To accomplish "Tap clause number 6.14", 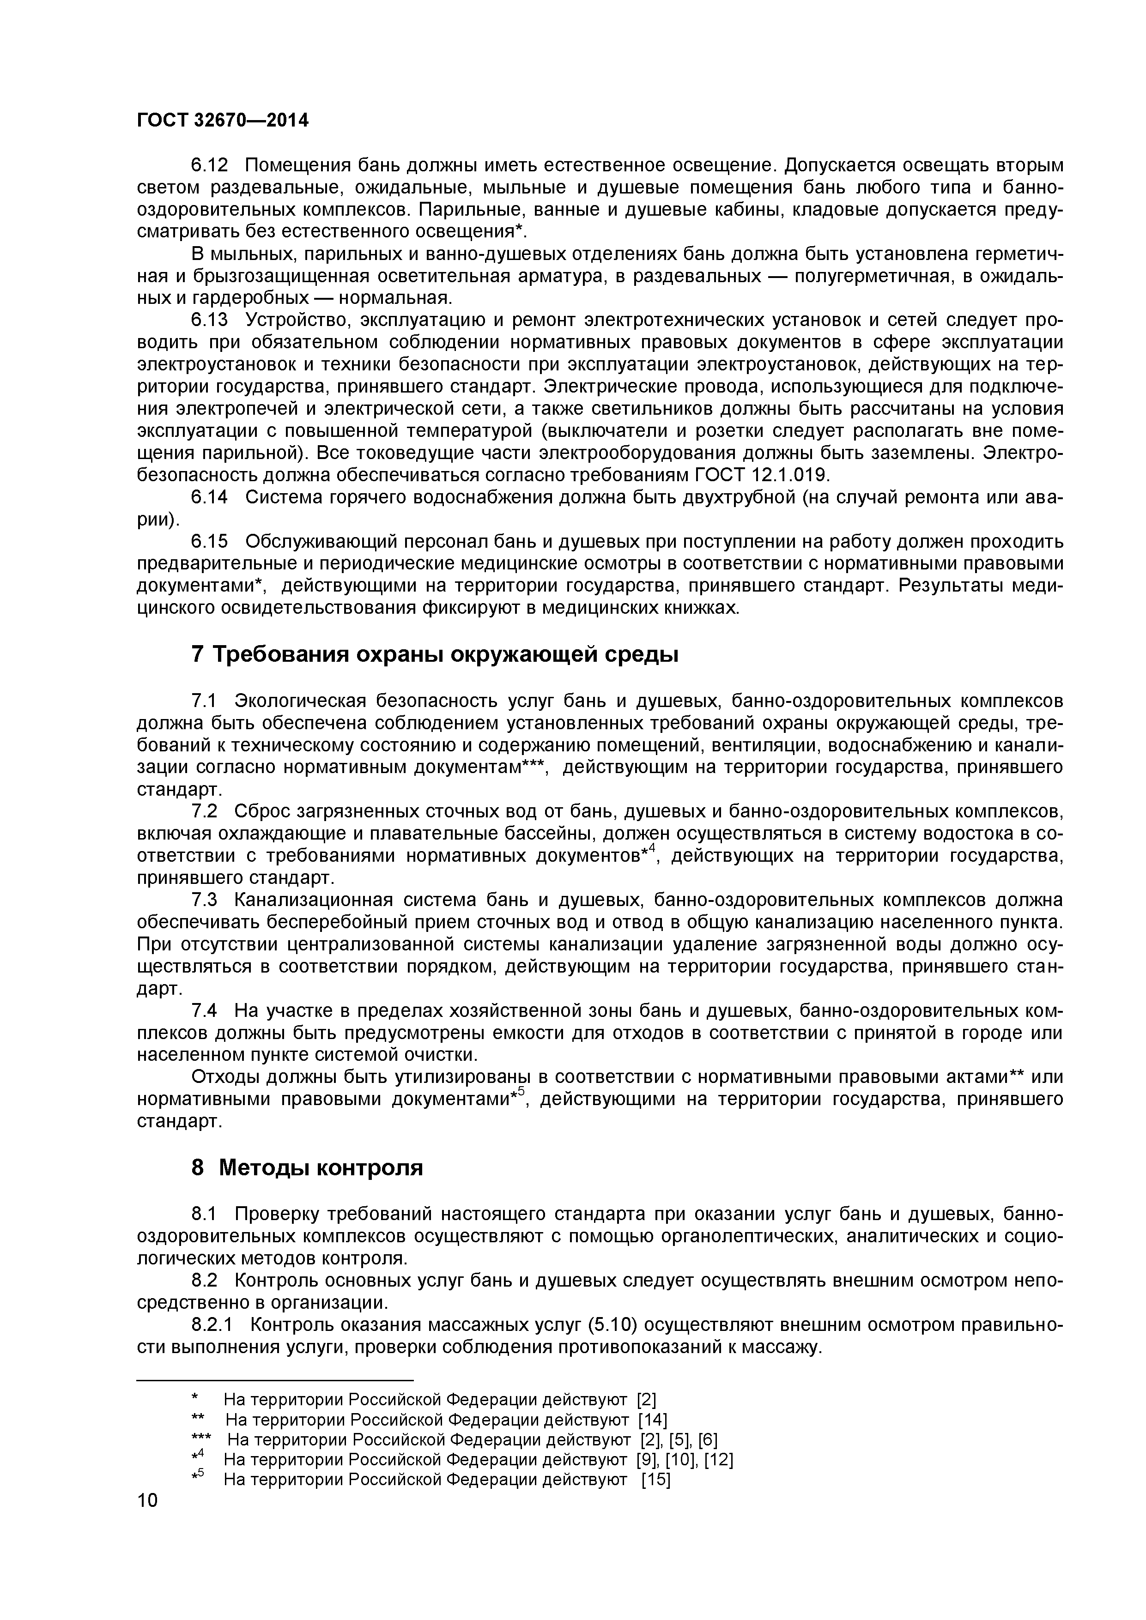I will tap(210, 497).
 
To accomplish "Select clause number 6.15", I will tap(210, 541).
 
